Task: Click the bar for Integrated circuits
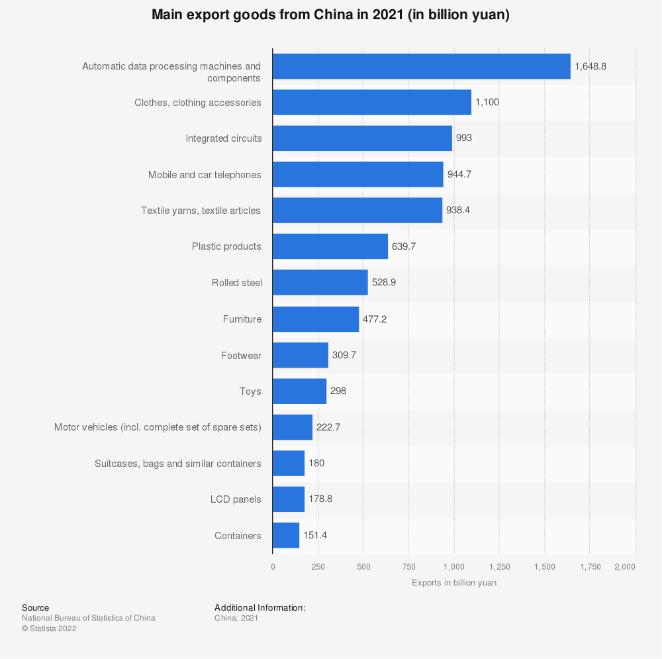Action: pos(362,138)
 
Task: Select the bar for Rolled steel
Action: pos(320,282)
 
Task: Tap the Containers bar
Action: pos(286,535)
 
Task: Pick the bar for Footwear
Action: pos(301,355)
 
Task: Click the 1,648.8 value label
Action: pos(591,66)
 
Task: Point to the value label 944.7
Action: pos(461,174)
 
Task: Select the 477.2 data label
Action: pos(375,319)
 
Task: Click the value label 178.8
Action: pos(320,499)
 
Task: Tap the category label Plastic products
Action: pos(226,246)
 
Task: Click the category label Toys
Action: pos(250,391)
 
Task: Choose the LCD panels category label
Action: pos(236,499)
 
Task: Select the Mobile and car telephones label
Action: pos(205,175)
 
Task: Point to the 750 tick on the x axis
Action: pos(408,566)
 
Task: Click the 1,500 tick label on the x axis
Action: pos(545,566)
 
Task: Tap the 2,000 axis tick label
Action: pos(625,566)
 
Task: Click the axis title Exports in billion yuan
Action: pos(454,583)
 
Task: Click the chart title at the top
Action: pos(330,15)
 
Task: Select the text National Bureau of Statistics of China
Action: pos(89,618)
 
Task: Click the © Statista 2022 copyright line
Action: pos(49,629)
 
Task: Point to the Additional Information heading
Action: pos(260,607)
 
